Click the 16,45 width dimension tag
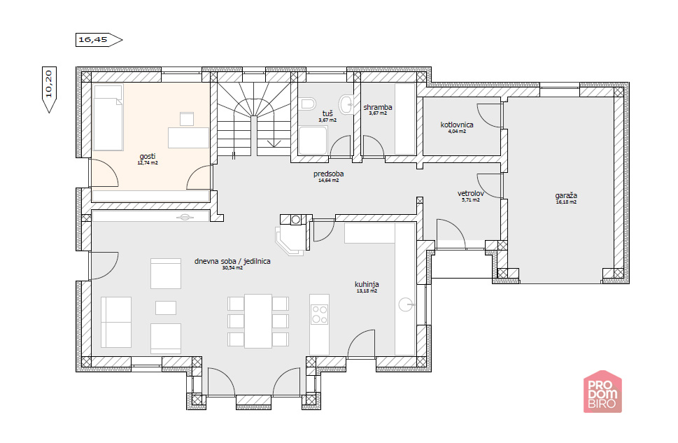click(99, 40)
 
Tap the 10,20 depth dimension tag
click(49, 90)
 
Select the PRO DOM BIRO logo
click(602, 391)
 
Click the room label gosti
click(148, 156)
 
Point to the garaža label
click(565, 195)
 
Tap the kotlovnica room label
click(457, 125)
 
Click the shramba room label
click(378, 107)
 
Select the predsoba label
click(329, 174)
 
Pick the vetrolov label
click(470, 193)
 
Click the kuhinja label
click(367, 284)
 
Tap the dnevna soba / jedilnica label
click(232, 261)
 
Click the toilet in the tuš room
click(307, 104)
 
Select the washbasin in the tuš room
click(346, 104)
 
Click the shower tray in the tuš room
click(312, 141)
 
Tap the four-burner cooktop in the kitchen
click(320, 314)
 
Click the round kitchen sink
click(406, 305)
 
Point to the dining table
click(258, 321)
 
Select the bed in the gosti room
click(108, 118)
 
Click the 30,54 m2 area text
click(232, 268)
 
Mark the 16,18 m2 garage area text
click(565, 202)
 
